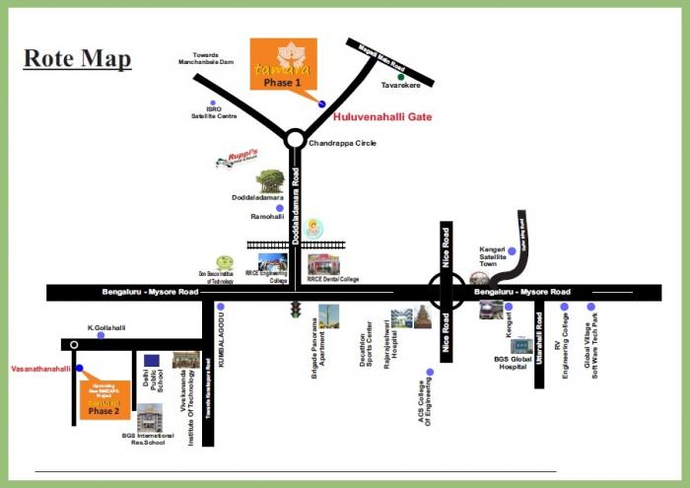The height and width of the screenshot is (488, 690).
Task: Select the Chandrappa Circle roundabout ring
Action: [294, 140]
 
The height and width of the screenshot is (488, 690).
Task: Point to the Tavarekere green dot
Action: [400, 76]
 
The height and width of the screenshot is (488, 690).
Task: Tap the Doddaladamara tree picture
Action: [270, 181]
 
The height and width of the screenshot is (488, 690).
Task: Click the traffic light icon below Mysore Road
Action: [293, 311]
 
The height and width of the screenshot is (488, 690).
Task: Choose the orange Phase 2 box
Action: [103, 399]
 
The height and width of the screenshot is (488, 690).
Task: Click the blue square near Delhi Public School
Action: [151, 361]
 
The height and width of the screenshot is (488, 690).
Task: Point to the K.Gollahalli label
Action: [105, 326]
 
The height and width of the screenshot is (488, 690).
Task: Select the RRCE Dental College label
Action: [333, 280]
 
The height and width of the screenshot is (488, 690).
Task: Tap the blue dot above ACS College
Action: [429, 373]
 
